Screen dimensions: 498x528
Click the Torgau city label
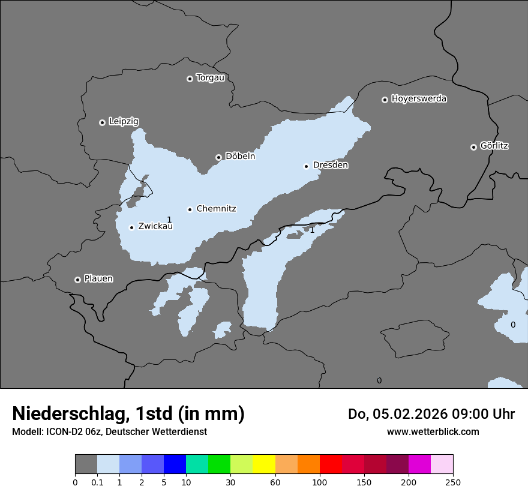click(x=210, y=78)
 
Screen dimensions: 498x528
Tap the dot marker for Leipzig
click(x=102, y=122)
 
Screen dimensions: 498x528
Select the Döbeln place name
click(x=240, y=157)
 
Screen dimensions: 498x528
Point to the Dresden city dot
click(x=306, y=166)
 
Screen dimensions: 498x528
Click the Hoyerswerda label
click(x=419, y=99)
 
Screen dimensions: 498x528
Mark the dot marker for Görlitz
click(x=473, y=147)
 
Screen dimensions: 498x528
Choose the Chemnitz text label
click(x=216, y=209)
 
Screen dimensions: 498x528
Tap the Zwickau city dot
click(x=131, y=227)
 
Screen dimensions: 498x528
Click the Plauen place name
click(x=98, y=279)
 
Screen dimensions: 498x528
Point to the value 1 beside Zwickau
click(x=169, y=220)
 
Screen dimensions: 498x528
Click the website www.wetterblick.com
click(x=433, y=432)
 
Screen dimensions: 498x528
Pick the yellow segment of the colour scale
click(x=263, y=464)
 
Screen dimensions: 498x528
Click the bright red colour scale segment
click(x=331, y=464)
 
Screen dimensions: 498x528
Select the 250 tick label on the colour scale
click(x=453, y=482)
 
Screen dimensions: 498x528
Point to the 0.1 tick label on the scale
click(x=97, y=482)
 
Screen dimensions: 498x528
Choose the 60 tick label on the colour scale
click(x=275, y=482)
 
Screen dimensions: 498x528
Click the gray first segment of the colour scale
click(x=86, y=464)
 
